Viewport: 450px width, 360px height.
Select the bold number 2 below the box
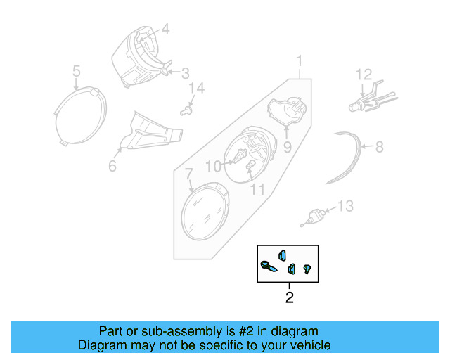tap(289, 297)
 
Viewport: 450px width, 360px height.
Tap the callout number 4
tap(165, 30)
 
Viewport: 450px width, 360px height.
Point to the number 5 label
tap(77, 70)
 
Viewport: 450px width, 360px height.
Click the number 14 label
tap(198, 88)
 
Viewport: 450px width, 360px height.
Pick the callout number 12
tap(363, 74)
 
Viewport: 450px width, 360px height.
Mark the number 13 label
tap(345, 206)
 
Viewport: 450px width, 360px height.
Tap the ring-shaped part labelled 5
tap(82, 115)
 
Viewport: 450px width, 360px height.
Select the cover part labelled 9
tap(289, 112)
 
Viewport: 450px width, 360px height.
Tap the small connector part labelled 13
tap(315, 215)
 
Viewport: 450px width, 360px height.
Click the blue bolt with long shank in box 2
tap(269, 266)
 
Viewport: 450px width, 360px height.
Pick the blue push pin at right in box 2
tap(307, 268)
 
